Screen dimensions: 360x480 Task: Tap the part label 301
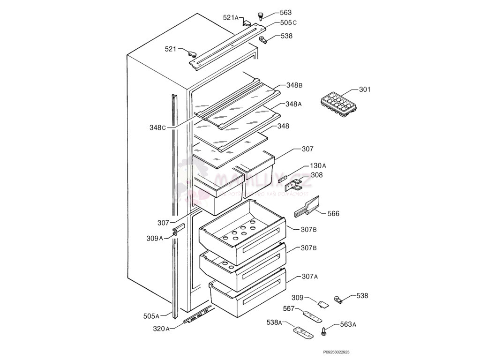coord(365,90)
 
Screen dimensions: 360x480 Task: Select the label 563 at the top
coord(285,13)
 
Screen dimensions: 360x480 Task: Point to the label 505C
coord(289,22)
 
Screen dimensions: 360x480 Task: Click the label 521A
coord(231,18)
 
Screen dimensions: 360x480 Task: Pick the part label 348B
coord(294,85)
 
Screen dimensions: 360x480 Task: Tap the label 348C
coord(158,127)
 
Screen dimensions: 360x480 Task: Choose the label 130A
coord(318,166)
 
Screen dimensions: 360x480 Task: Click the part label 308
coord(316,175)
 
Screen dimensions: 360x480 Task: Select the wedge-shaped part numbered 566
coord(307,207)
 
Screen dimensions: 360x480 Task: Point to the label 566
coord(333,214)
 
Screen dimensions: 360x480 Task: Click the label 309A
coord(155,238)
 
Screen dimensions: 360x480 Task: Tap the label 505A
coord(151,316)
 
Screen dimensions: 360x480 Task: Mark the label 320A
coord(161,329)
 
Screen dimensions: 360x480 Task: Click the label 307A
coord(310,277)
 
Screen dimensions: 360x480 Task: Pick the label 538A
coord(274,322)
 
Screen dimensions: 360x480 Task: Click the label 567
coord(289,308)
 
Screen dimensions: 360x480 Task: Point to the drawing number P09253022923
coord(336,352)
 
